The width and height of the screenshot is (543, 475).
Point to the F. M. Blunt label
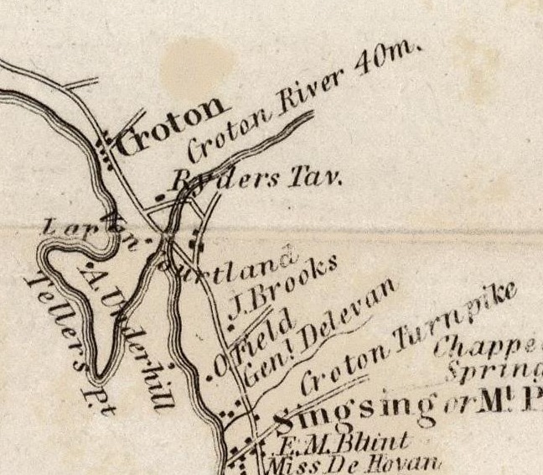(339, 442)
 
